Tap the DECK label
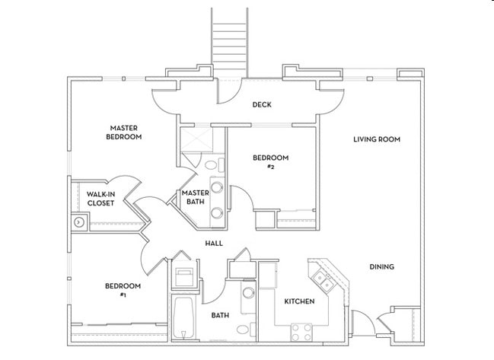262,105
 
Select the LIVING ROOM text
376,139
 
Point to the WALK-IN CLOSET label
100,199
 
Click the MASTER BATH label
195,197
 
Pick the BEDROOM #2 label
270,161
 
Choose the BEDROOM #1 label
123,290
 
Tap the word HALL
214,244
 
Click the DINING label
381,266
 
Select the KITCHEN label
299,301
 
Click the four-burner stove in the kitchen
301,330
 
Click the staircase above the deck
229,38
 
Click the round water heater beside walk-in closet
78,222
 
